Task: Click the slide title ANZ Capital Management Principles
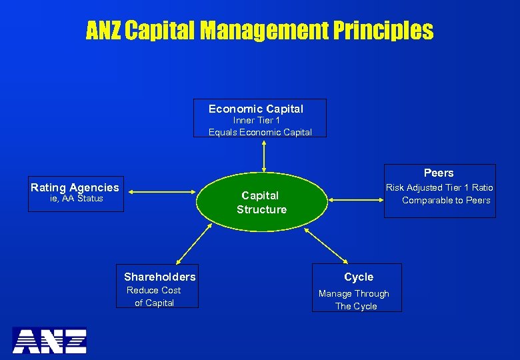click(x=259, y=31)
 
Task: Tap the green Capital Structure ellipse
click(x=261, y=202)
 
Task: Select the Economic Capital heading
click(x=256, y=109)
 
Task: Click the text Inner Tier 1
click(x=257, y=121)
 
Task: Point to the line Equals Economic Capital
click(x=260, y=132)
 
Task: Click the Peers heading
click(x=438, y=173)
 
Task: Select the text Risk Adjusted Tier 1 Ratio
click(x=439, y=188)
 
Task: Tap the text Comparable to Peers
click(x=445, y=201)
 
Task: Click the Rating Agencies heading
click(x=75, y=188)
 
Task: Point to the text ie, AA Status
click(x=77, y=199)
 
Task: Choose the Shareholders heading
click(x=160, y=277)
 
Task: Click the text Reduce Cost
click(x=154, y=290)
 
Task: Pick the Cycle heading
click(x=359, y=277)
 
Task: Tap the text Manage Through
click(x=353, y=294)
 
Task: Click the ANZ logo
click(x=50, y=340)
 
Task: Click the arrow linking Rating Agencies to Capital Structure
click(x=163, y=192)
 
